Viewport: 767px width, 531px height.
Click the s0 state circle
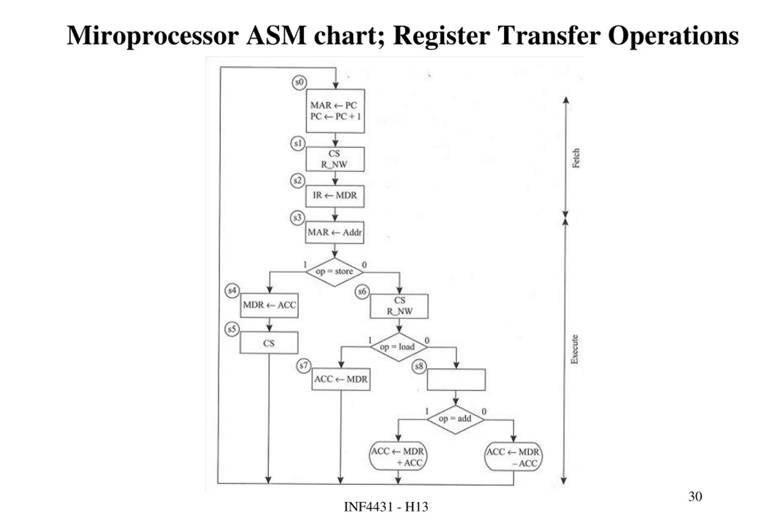pos(299,82)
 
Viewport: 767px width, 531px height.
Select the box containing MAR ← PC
pos(335,111)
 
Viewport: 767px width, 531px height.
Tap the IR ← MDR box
pos(335,196)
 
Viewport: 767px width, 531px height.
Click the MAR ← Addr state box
pos(334,232)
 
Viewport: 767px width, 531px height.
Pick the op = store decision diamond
pos(334,272)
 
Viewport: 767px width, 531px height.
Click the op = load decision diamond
pos(398,347)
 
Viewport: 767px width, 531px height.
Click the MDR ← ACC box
pos(269,305)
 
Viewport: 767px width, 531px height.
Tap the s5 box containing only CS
pos(269,343)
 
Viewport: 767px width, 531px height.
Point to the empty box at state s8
pos(456,379)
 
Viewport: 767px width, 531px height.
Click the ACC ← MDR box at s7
pos(341,379)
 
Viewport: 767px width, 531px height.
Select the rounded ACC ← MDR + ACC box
pos(398,457)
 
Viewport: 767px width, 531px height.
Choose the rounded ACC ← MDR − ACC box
pos(513,458)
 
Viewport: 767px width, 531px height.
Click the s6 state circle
pos(362,292)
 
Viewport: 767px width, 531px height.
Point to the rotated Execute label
pos(574,349)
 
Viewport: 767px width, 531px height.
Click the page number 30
pos(695,497)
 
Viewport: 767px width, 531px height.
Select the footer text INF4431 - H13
pos(386,507)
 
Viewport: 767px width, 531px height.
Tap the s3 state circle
pos(297,218)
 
